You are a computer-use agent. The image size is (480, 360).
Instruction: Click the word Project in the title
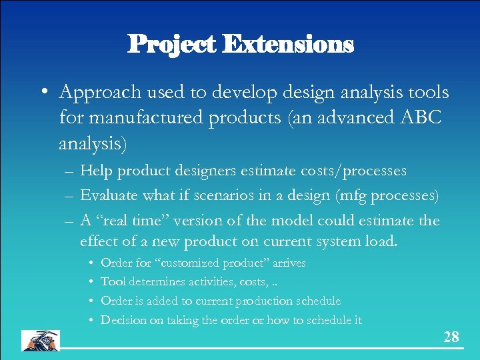point(172,45)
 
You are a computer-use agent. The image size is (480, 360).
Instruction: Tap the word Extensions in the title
point(288,45)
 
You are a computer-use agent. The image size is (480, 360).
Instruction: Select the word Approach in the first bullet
point(97,92)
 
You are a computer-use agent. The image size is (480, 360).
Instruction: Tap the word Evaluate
point(109,195)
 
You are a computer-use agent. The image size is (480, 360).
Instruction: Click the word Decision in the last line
point(122,321)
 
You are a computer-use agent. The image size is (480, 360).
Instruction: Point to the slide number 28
point(451,337)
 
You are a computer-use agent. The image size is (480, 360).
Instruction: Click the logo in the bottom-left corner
point(41,340)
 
